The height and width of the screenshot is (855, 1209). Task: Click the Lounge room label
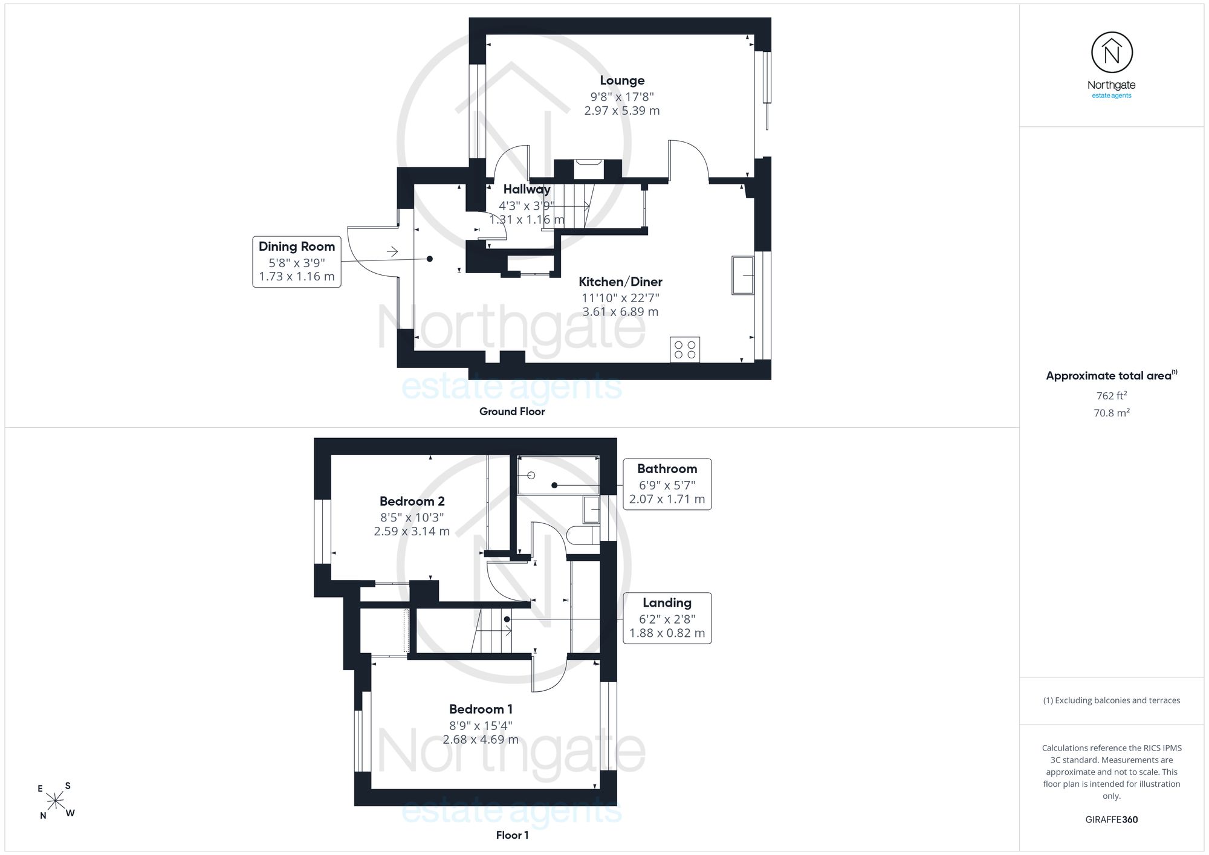622,80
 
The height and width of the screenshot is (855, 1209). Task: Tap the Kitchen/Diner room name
620,282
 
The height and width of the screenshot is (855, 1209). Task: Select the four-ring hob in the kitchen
685,350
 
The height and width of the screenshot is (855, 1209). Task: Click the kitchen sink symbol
743,276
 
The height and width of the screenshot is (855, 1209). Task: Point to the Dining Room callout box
297,262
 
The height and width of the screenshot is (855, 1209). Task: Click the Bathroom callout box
667,484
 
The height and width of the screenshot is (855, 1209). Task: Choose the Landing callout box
667,618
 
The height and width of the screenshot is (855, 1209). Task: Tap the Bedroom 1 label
481,709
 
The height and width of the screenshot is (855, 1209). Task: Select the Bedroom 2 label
412,502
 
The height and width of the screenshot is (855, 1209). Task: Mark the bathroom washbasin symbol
591,510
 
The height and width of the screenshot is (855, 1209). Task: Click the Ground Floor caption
512,411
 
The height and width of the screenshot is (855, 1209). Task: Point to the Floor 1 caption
512,835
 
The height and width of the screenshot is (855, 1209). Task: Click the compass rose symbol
56,801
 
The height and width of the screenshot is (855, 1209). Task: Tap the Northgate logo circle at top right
1112,53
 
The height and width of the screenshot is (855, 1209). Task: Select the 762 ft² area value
1112,396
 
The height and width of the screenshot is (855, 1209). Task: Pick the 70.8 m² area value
1112,413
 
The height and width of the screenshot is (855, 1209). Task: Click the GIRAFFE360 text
1112,820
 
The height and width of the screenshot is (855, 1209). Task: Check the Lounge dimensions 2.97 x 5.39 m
622,111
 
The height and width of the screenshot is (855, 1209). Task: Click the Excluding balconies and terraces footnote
1112,700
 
